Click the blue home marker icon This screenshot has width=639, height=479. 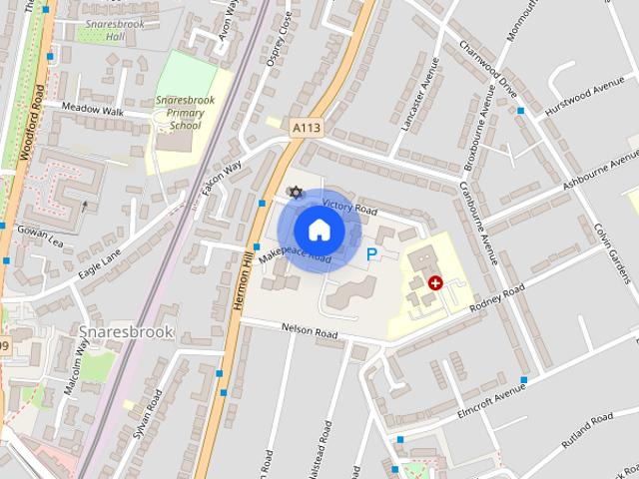click(318, 231)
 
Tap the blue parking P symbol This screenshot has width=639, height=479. click(372, 255)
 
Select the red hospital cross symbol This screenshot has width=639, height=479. click(435, 283)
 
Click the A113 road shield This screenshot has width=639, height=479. click(307, 128)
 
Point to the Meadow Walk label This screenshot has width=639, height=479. click(93, 110)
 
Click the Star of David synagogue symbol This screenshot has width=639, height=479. click(294, 192)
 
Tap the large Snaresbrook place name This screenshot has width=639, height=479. click(126, 331)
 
